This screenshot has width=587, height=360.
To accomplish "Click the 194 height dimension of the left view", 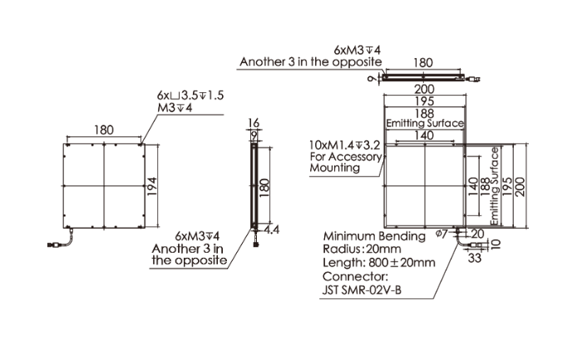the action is tap(151, 186).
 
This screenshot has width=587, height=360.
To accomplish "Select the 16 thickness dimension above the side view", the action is tap(254, 123).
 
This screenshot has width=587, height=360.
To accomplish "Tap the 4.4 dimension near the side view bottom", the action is tap(271, 229).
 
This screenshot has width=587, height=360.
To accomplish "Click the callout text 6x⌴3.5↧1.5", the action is tap(190, 96).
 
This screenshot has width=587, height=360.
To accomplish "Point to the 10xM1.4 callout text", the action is tap(345, 145).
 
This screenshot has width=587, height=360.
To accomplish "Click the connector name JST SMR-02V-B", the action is tap(362, 290).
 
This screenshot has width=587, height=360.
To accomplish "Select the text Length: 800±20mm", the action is tap(379, 263).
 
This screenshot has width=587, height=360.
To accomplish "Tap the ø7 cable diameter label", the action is tap(441, 234).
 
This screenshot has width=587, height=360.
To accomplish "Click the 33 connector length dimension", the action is tap(475, 258).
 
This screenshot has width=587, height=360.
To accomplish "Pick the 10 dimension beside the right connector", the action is tap(496, 244).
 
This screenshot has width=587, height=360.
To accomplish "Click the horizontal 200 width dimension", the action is tap(425, 89).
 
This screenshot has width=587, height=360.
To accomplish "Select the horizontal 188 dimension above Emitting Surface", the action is tap(425, 113).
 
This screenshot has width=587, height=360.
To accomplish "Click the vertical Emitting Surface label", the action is tap(495, 186).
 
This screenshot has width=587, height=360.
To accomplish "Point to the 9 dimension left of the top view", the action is tap(372, 79).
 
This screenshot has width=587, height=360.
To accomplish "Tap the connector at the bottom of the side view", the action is tap(256, 244).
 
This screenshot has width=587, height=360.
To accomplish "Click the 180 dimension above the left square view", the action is tap(104, 130).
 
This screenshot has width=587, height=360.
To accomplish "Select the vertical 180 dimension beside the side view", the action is tap(264, 186).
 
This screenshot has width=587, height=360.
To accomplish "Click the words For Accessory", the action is tap(346, 156).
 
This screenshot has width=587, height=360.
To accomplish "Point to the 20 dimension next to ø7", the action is tap(478, 234).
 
